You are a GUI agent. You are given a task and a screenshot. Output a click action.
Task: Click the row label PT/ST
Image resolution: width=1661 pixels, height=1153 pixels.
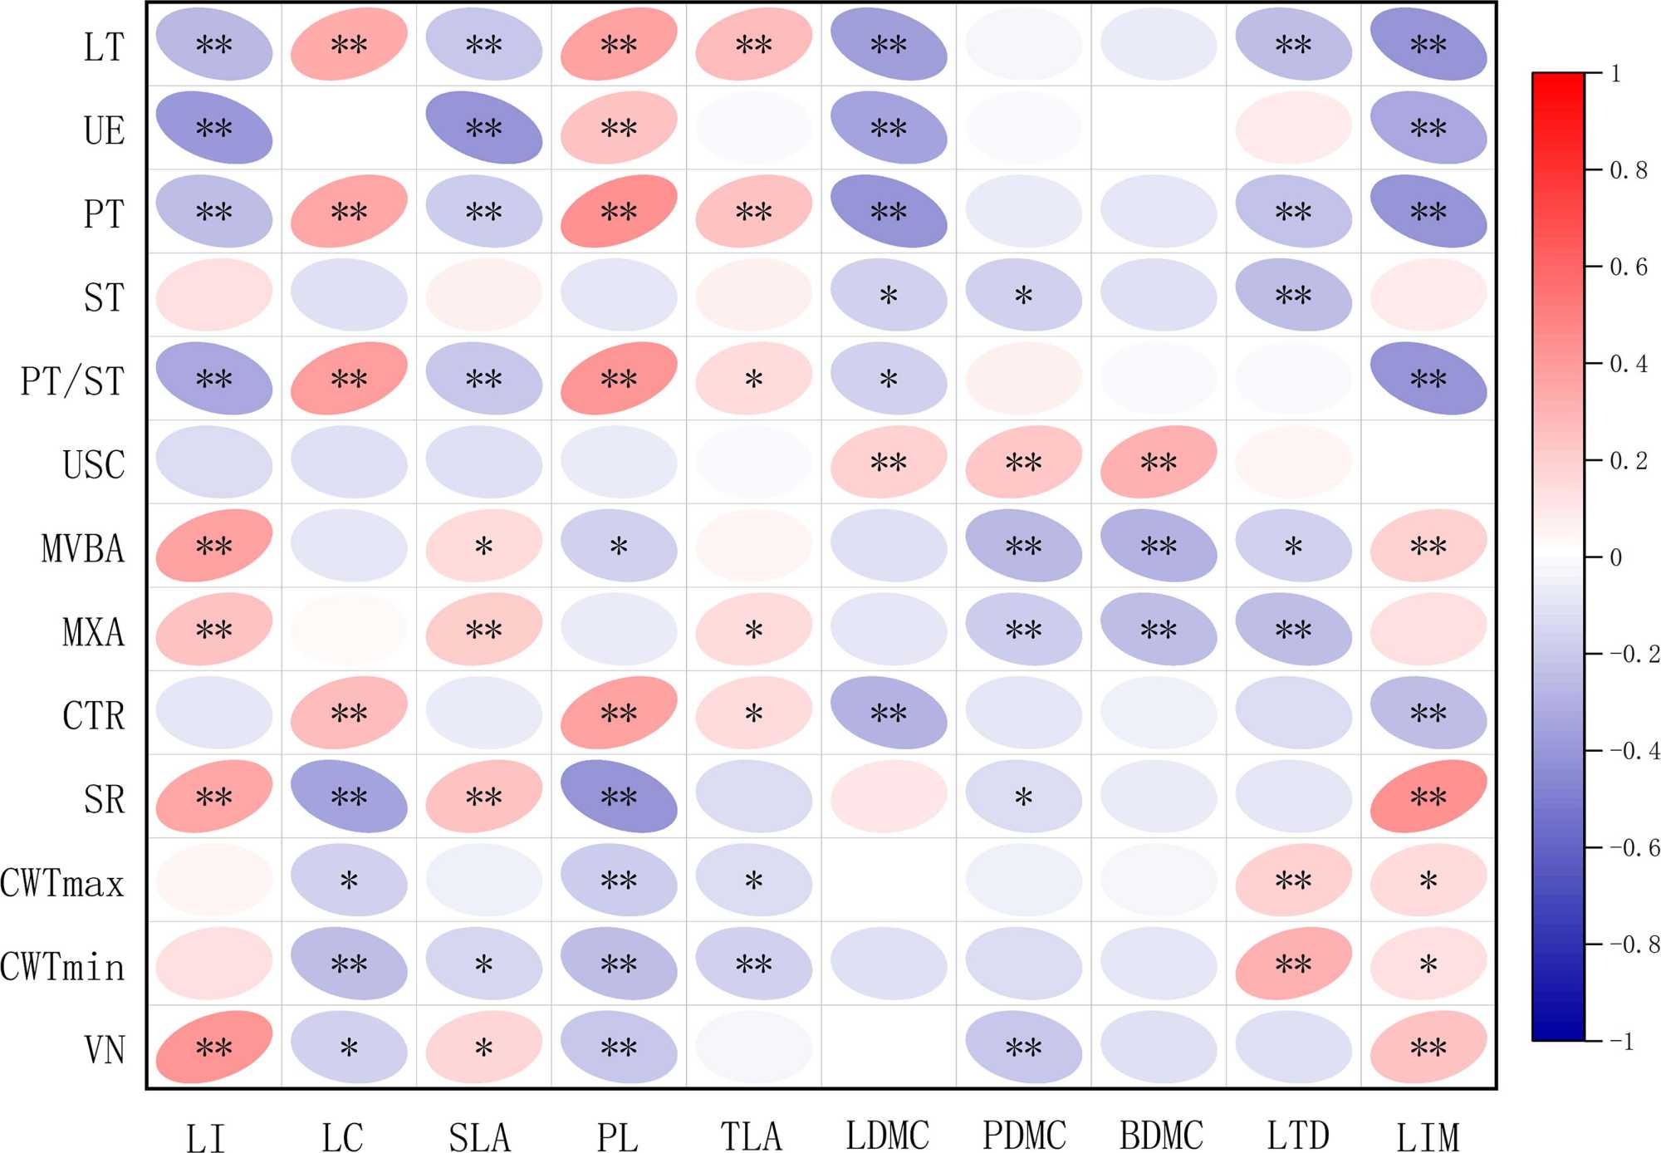[72, 380]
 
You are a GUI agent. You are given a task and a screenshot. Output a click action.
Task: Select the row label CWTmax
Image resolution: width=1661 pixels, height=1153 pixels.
[62, 882]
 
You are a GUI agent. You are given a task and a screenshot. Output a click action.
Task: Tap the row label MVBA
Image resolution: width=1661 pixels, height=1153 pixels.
[82, 548]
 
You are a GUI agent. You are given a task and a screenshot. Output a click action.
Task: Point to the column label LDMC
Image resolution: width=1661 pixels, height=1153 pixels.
[887, 1136]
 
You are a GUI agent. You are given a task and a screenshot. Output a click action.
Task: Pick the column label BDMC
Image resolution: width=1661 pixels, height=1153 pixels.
[1161, 1136]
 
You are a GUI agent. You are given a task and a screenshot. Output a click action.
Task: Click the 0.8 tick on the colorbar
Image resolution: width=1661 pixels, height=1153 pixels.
[1628, 170]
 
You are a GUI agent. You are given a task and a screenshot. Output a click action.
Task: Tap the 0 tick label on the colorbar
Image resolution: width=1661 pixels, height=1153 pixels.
[1615, 557]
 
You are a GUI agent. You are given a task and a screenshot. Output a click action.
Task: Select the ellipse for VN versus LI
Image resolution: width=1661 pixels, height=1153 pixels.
[214, 1047]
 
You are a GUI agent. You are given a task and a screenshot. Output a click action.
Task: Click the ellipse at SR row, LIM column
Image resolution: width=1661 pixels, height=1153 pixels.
[1428, 796]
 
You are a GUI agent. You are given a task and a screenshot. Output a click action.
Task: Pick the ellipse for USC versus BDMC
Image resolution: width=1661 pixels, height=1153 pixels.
[1159, 462]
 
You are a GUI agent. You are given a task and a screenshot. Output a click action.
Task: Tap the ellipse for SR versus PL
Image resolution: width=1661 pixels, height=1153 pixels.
[619, 796]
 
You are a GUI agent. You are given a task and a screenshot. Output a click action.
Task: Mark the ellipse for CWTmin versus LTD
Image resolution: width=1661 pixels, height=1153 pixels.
[1293, 963]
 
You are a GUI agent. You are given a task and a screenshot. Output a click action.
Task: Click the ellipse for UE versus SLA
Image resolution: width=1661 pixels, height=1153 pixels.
[483, 127]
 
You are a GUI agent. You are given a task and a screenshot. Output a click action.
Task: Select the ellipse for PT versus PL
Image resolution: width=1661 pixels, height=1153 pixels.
[619, 211]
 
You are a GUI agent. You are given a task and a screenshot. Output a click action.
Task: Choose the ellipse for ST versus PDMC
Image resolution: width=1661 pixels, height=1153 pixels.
[1023, 295]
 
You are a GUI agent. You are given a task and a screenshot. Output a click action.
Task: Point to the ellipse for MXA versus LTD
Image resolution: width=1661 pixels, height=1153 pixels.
[1293, 629]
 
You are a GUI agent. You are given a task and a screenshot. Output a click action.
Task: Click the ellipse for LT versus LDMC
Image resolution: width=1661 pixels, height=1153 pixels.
[889, 44]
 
